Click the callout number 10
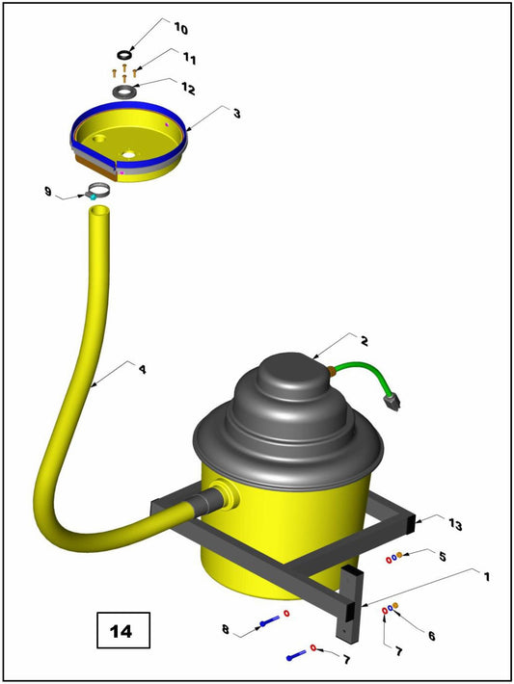click(181, 28)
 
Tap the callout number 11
click(189, 60)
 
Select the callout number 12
click(188, 90)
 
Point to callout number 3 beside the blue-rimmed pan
click(236, 113)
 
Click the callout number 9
click(47, 192)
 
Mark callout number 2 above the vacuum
click(364, 341)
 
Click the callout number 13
click(455, 524)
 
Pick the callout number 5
click(441, 557)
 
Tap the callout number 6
click(430, 636)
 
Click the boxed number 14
click(122, 632)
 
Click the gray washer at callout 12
click(125, 92)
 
